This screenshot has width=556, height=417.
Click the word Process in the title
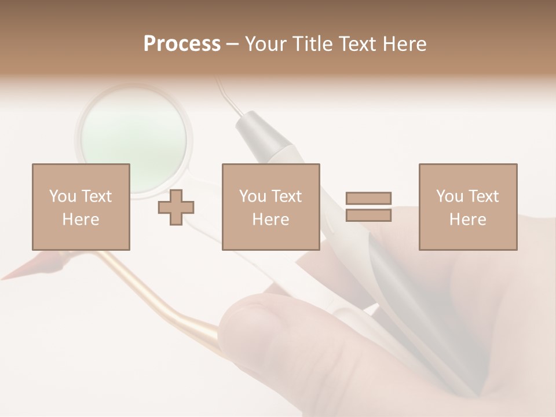[182, 44]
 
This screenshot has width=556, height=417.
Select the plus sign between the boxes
[176, 207]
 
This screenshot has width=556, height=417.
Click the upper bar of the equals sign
[368, 199]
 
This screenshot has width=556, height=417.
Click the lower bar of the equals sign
[368, 215]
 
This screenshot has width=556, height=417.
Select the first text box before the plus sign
[81, 207]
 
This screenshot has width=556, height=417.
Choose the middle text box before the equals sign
[270, 207]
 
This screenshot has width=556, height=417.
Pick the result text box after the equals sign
[467, 207]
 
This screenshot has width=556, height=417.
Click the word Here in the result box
[467, 220]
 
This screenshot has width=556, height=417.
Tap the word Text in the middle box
[286, 196]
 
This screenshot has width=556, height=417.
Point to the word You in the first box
[63, 196]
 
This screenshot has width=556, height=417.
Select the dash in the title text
[233, 44]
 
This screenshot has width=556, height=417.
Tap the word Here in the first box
[81, 220]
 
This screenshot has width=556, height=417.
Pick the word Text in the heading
[357, 44]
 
